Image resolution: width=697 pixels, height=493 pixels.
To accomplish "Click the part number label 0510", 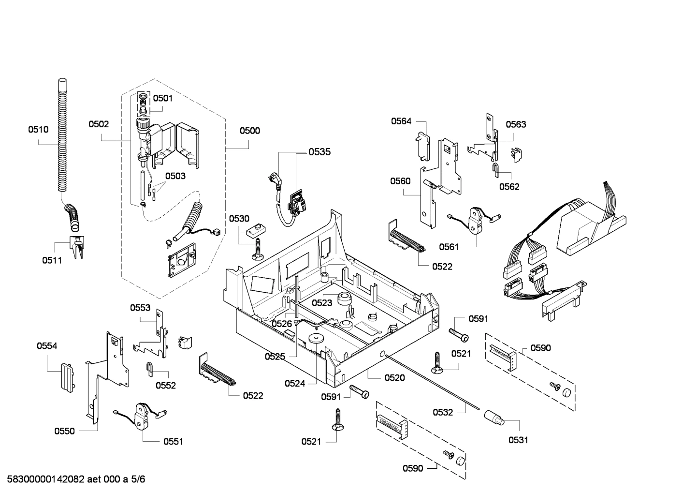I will [x=38, y=129].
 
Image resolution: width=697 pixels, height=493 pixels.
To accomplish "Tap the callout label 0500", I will [x=249, y=130].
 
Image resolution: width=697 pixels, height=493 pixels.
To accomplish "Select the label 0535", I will [x=319, y=152].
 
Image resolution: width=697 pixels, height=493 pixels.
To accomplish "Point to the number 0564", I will [x=401, y=121].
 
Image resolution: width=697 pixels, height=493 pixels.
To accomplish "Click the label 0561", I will [x=449, y=247].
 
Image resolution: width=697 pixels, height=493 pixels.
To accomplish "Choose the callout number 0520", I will [x=394, y=378].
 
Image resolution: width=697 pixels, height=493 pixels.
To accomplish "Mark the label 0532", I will [x=443, y=412].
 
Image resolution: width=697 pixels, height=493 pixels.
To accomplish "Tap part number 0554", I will [x=47, y=345].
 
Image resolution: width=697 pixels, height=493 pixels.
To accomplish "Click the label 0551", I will [x=173, y=441].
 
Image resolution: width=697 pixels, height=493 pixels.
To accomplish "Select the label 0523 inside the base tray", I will [x=322, y=303].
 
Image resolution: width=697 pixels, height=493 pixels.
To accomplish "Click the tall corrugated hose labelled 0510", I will [x=61, y=135].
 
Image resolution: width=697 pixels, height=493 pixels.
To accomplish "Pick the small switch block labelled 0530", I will [x=256, y=230].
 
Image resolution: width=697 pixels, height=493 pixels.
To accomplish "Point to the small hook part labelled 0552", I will [x=150, y=368].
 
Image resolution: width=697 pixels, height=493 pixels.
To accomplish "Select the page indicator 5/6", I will [x=138, y=479].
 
